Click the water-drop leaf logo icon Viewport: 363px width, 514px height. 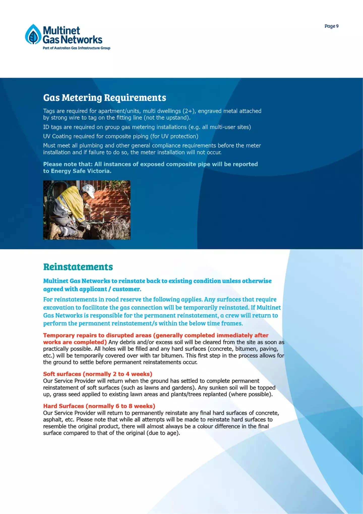(x=33, y=34)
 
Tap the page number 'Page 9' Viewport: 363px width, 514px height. (x=331, y=26)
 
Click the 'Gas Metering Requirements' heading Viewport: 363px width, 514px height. (x=105, y=98)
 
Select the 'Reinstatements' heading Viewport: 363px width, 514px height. (x=78, y=267)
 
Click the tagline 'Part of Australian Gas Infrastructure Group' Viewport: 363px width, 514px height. (x=76, y=48)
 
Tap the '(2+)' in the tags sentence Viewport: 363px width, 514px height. (x=189, y=111)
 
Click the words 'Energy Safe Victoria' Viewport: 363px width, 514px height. (x=81, y=171)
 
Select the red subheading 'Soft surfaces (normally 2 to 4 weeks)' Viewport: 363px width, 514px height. (x=98, y=374)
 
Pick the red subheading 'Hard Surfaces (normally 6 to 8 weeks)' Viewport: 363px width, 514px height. (x=99, y=406)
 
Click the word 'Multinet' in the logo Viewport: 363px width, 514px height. (x=61, y=31)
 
